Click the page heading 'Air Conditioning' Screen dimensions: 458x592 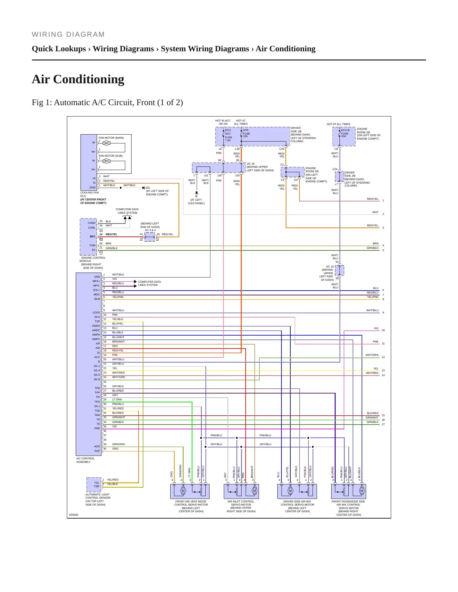click(78, 79)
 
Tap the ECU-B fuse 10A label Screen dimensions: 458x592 click(345, 133)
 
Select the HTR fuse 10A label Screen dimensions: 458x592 click(246, 133)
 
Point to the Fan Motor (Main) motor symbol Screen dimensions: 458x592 click(106, 143)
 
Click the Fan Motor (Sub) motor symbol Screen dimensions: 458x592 click(106, 161)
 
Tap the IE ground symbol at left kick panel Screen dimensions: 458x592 click(197, 193)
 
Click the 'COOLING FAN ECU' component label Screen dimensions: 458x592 click(89, 194)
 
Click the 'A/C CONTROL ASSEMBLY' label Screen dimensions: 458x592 click(85, 460)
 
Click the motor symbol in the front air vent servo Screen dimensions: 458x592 click(183, 491)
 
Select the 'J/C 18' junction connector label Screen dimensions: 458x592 click(251, 164)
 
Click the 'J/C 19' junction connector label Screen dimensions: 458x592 click(330, 267)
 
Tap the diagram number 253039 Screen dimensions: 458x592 click(74, 515)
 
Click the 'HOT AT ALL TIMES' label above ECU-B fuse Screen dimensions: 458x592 click(339, 124)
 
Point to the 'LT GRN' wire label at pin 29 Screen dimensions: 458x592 click(117, 400)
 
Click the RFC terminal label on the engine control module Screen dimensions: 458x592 click(93, 236)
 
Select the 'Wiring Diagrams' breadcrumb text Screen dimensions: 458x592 click(123, 49)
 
